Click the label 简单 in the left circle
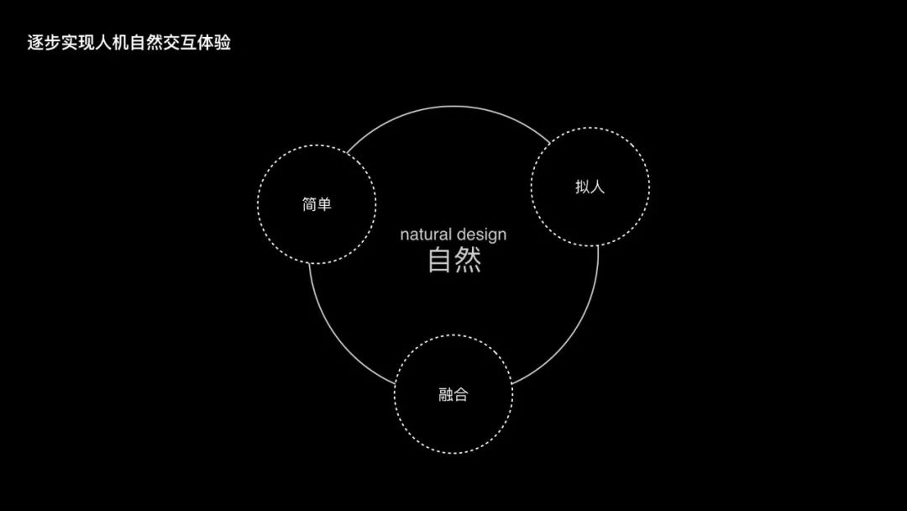coord(317,204)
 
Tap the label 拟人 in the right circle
coord(590,187)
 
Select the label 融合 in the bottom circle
coord(453,394)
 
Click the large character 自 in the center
coord(440,261)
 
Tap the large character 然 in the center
coord(468,261)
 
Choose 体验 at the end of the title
coord(214,43)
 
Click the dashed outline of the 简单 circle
coord(258,204)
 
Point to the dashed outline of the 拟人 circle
coord(649,187)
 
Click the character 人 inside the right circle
coord(597,187)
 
